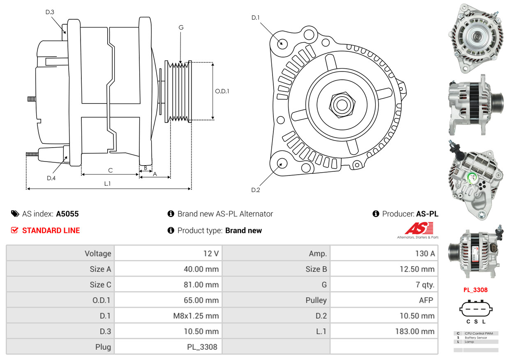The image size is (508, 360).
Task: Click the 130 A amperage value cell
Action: point(425,253)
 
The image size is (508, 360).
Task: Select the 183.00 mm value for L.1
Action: point(417,331)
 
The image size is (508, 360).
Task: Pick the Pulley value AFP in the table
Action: point(426,300)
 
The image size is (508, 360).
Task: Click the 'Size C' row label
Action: point(100,284)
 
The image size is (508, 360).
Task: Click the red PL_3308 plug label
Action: point(475,290)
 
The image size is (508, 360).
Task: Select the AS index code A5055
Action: point(67,214)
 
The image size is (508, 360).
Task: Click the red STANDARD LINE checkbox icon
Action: point(15,230)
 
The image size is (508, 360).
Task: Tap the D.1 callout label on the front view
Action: point(256,18)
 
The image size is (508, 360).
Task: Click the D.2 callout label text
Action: point(256,190)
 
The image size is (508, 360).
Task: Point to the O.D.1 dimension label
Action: point(222,91)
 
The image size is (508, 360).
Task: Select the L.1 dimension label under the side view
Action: point(107,184)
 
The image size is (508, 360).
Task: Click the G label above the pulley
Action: point(181,28)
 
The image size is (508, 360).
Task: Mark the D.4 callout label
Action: point(51,178)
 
